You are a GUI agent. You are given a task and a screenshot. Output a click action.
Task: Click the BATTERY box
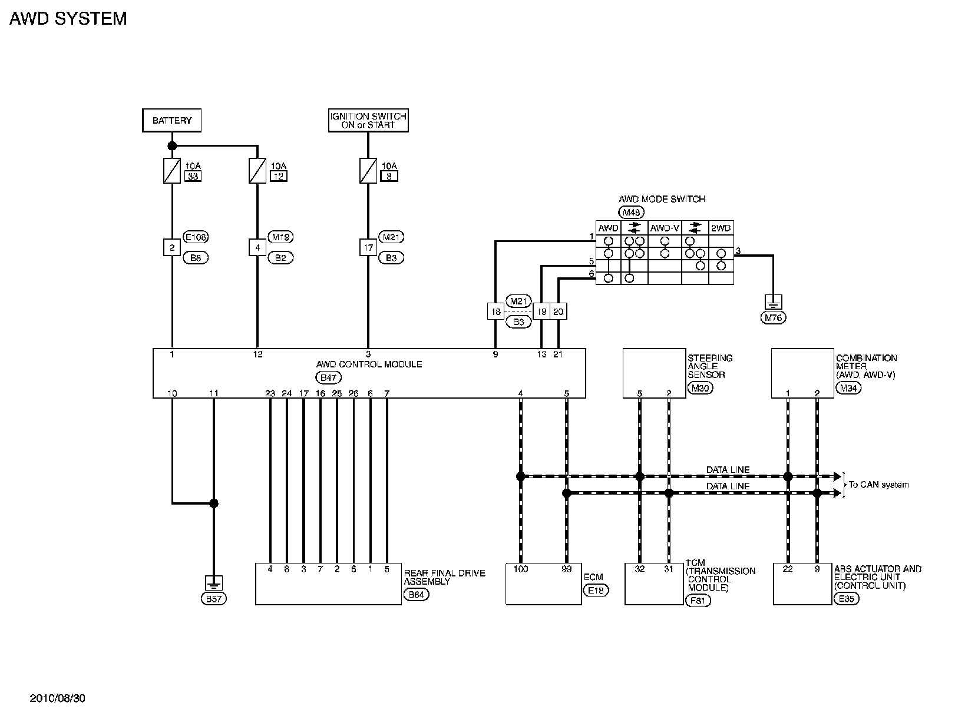tap(171, 120)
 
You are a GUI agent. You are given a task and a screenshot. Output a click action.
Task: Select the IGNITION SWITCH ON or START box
tap(368, 120)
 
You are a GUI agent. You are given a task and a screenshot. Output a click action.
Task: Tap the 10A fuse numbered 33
tap(171, 171)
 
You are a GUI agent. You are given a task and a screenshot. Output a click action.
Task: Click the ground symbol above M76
tap(773, 302)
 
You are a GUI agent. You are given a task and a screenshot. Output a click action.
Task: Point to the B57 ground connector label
tap(214, 599)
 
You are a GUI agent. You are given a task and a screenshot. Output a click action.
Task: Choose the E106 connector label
tap(196, 237)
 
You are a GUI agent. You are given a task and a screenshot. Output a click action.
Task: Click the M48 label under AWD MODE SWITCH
tap(631, 212)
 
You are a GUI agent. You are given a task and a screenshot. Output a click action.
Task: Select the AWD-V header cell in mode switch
tap(665, 228)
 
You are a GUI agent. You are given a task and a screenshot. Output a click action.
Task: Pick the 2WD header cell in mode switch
tap(721, 228)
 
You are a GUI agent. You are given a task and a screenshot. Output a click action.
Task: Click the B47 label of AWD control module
tap(328, 377)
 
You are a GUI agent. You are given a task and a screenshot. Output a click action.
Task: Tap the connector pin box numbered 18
tap(495, 311)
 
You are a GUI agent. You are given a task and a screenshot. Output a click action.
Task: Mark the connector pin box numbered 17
tap(368, 248)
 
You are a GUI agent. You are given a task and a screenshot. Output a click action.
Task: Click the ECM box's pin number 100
tap(520, 569)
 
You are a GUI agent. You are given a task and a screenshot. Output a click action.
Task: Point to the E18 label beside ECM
tap(596, 590)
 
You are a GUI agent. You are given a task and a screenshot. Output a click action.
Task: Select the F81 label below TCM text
tap(699, 601)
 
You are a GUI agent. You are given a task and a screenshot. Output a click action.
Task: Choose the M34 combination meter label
tap(847, 388)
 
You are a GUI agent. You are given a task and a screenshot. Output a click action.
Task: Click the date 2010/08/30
tap(58, 698)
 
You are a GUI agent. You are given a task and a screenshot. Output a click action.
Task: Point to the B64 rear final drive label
tap(416, 595)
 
